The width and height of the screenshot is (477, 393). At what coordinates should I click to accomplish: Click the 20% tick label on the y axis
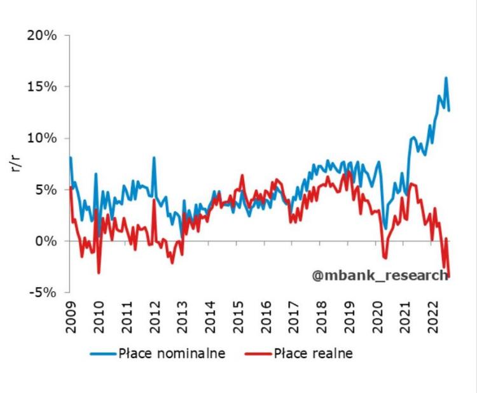pyautogui.click(x=42, y=35)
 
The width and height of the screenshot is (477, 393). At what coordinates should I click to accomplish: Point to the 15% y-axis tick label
pyautogui.click(x=42, y=87)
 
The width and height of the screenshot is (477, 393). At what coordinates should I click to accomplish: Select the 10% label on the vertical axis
pyautogui.click(x=42, y=138)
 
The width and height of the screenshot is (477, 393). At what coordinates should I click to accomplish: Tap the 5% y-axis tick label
pyautogui.click(x=46, y=190)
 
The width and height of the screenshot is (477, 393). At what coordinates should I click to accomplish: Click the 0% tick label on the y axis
pyautogui.click(x=46, y=241)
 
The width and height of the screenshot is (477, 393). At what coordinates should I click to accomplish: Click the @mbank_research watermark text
pyautogui.click(x=380, y=275)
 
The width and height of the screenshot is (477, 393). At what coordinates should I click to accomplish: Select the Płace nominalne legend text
pyautogui.click(x=172, y=353)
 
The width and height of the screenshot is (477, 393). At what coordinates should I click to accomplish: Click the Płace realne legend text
pyautogui.click(x=313, y=353)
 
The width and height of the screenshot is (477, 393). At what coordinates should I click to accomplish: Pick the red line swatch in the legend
pyautogui.click(x=258, y=353)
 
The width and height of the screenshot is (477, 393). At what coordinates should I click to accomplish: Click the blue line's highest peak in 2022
pyautogui.click(x=446, y=78)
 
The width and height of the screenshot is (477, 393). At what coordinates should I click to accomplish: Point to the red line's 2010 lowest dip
pyautogui.click(x=99, y=273)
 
